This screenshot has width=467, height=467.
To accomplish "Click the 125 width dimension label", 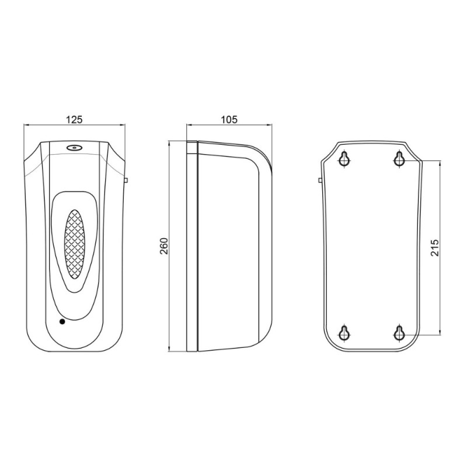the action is pos(74,120).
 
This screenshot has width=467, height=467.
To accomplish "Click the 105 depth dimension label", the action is pos(229,120).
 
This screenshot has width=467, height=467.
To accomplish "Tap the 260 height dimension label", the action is pos(164,246).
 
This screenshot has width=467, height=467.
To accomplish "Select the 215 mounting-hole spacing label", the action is pos(434,248).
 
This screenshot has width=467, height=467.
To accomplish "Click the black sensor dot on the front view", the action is pos(62,322).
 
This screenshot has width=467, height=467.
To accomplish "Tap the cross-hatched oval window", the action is pos(75,244).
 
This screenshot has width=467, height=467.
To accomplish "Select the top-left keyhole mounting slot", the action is pos(344,159).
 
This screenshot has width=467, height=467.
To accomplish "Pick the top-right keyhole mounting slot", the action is pos(399,159).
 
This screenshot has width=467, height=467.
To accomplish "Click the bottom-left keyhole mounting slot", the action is pos(344,333).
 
